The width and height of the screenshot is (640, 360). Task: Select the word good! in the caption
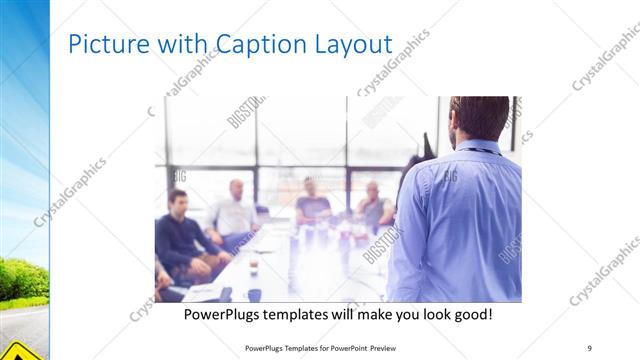click(469, 315)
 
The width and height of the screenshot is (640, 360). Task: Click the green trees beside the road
click(22, 278)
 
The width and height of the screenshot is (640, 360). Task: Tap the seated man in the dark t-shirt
click(313, 203)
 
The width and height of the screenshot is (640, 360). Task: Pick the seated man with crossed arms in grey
click(374, 207)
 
